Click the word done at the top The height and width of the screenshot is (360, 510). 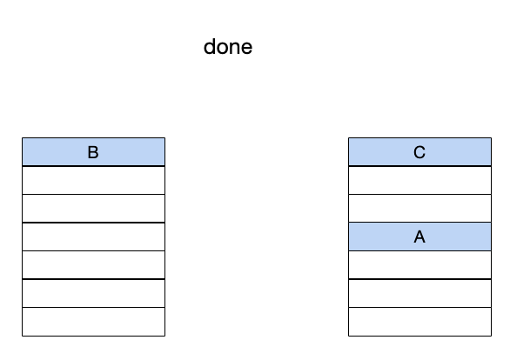[x=228, y=47]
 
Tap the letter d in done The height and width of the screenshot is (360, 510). [x=209, y=47]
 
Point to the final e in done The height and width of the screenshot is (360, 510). [x=247, y=49]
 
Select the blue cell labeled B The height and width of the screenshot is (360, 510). [x=93, y=152]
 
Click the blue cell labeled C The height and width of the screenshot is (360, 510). [x=419, y=152]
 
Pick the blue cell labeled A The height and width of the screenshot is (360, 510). [x=419, y=237]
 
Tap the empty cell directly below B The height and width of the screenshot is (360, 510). [x=93, y=180]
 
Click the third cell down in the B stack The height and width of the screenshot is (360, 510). [x=93, y=209]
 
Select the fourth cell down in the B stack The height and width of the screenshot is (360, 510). [x=93, y=237]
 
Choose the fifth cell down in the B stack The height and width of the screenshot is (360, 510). [x=93, y=265]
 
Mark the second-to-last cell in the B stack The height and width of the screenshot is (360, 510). [x=93, y=293]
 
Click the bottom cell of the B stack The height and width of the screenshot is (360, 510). [x=93, y=322]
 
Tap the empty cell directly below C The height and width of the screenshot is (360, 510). [x=419, y=180]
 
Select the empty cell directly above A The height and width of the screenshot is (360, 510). [x=419, y=209]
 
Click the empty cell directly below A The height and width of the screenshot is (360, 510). [x=419, y=265]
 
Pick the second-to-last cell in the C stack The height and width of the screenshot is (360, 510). [x=419, y=293]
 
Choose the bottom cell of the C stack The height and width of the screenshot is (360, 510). [x=419, y=322]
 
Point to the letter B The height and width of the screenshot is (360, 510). [x=93, y=152]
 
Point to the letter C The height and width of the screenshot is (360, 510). [x=419, y=152]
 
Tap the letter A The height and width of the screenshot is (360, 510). [x=419, y=237]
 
